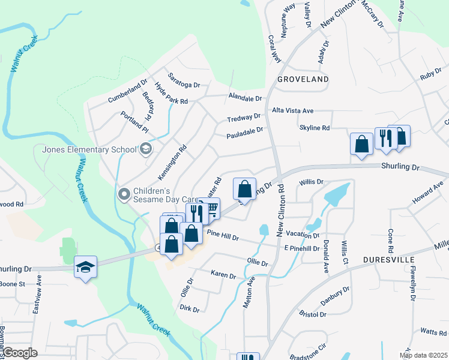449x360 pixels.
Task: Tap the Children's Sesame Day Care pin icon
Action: tap(124, 193)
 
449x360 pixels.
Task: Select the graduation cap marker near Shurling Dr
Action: tap(85, 267)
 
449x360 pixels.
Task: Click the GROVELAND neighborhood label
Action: tap(303, 79)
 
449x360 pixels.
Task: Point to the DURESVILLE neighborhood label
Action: tap(390, 259)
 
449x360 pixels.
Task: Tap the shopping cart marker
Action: tap(211, 209)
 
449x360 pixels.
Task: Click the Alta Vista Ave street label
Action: tap(293, 111)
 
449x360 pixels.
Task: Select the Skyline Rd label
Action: tap(315, 128)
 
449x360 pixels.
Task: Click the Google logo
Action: tap(20, 353)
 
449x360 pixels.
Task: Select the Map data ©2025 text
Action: tap(423, 355)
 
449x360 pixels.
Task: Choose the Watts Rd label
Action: tap(433, 331)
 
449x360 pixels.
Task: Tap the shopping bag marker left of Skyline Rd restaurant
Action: tap(361, 144)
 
